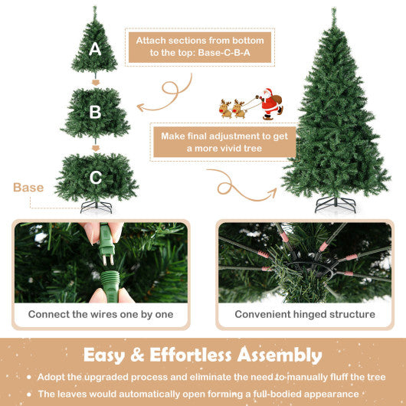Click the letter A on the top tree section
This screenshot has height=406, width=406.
pos(95,49)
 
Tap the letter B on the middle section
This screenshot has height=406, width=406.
pos(95,112)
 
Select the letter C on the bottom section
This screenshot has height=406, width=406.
pos(95,178)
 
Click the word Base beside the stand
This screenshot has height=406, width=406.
pos(28,188)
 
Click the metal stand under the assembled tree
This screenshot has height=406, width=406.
pos(336,204)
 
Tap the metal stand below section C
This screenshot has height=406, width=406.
pos(96,206)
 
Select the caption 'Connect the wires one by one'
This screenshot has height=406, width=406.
pos(101,314)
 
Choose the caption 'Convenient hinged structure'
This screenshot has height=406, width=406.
pos(305,314)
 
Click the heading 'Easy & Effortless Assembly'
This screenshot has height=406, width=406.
pos(202,355)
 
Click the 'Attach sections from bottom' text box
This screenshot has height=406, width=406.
pos(200,47)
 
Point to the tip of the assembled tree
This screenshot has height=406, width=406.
pos(333,11)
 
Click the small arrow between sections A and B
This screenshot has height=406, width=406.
pos(96,82)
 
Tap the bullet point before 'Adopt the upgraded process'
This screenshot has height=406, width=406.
pos(29,378)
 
